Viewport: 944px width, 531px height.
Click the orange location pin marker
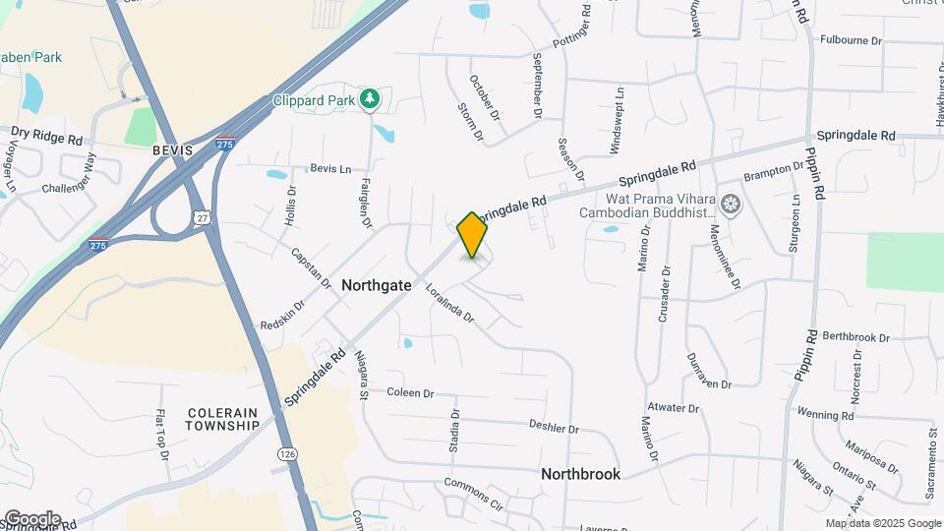(473, 234)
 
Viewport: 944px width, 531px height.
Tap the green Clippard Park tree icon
(369, 98)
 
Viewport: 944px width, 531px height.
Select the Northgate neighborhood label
(376, 284)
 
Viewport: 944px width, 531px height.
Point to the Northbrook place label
(580, 474)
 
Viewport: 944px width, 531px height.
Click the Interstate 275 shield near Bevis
(225, 144)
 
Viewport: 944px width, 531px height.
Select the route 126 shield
(286, 454)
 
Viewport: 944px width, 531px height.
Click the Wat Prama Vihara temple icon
(730, 205)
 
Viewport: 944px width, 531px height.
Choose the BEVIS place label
(173, 150)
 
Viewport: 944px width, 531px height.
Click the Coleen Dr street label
(410, 393)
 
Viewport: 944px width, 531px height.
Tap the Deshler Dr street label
(554, 428)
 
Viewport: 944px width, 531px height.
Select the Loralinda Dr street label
(450, 304)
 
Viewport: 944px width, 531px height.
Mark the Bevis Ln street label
(330, 169)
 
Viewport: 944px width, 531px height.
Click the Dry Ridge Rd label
(46, 137)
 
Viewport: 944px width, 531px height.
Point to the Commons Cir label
(473, 495)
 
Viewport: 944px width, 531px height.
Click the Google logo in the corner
(31, 519)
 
